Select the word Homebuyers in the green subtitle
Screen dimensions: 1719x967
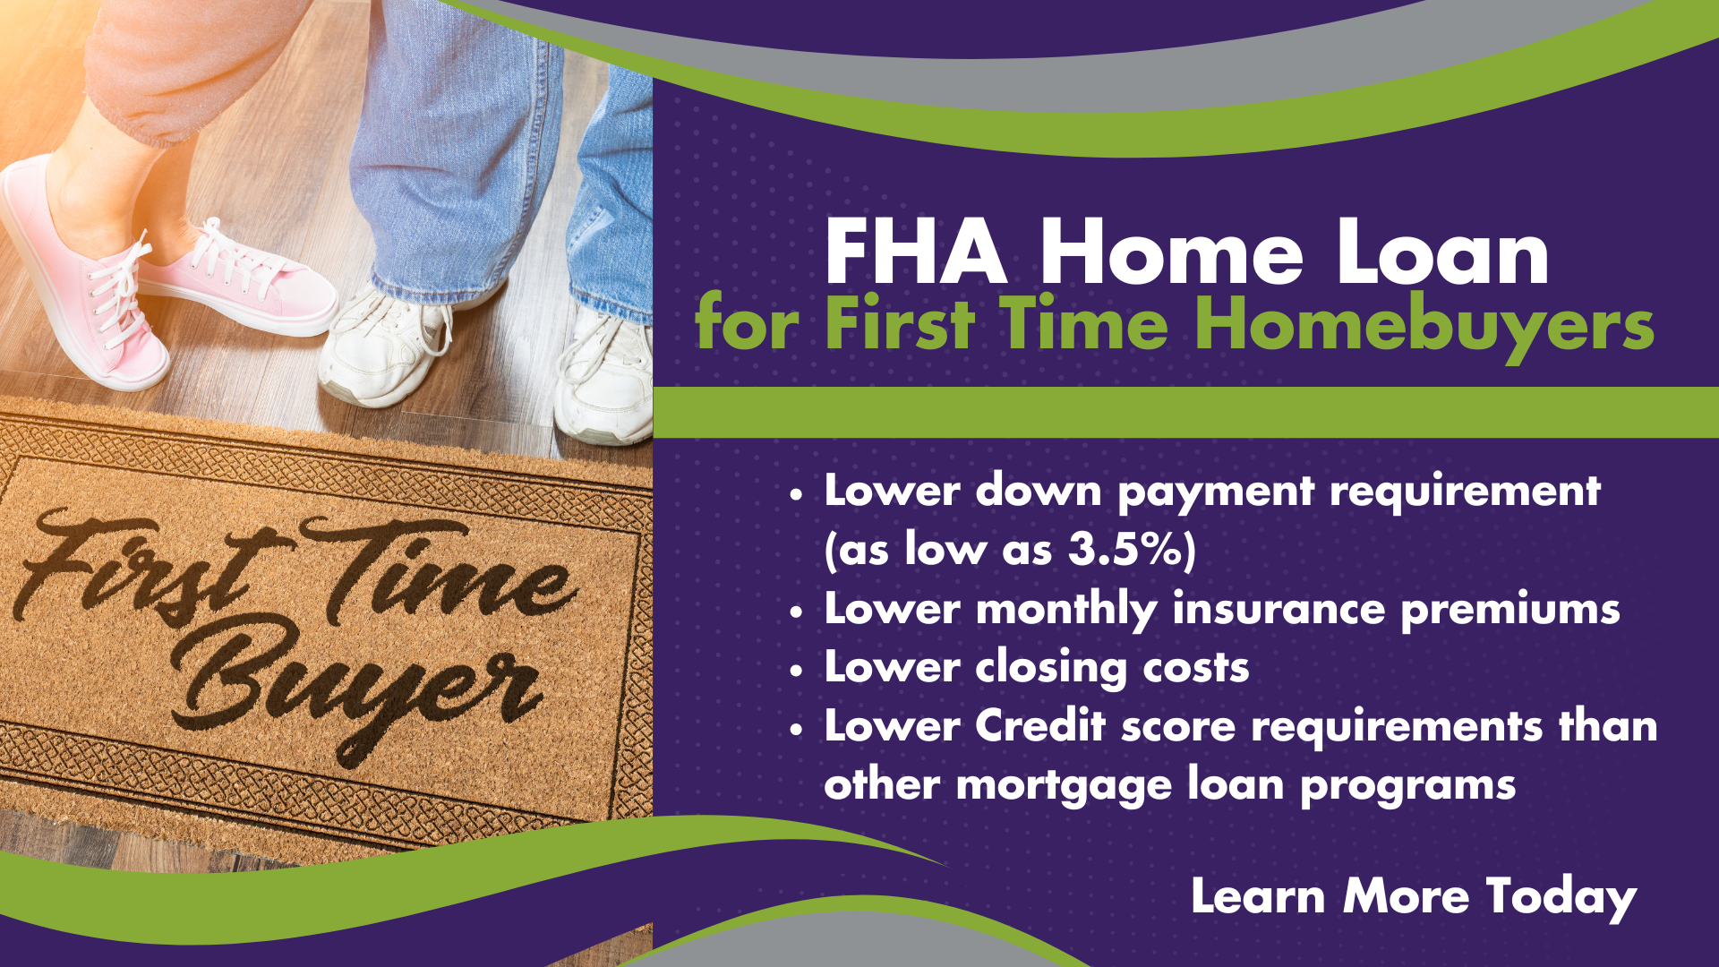point(1424,323)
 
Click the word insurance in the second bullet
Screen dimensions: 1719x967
point(1279,609)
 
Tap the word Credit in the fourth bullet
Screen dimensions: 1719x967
point(1040,726)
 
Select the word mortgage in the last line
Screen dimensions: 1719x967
point(1065,786)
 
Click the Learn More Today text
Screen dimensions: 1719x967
point(1414,896)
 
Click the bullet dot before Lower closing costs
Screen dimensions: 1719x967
point(797,671)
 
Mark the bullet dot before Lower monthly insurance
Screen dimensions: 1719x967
point(797,612)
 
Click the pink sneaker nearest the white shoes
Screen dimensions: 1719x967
point(237,282)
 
